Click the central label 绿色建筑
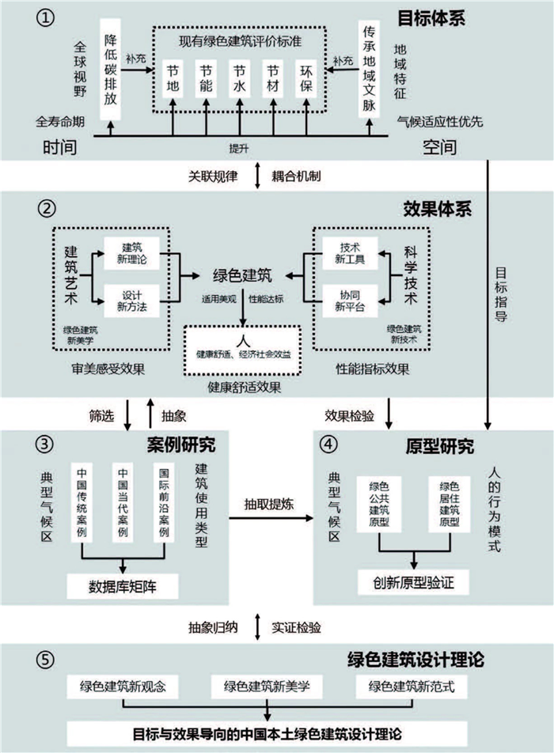pos(242,276)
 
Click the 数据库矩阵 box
pos(122,585)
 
